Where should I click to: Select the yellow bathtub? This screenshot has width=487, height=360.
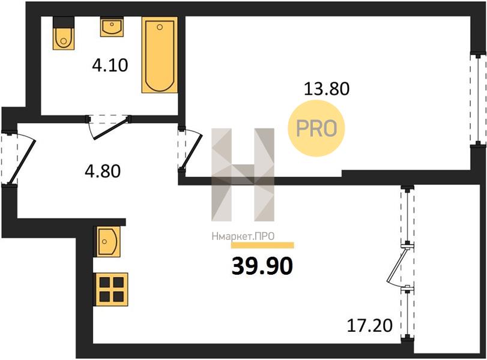click(x=160, y=55)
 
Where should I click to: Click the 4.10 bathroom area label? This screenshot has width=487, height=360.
click(x=110, y=65)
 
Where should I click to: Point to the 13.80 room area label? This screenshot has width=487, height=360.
click(x=327, y=88)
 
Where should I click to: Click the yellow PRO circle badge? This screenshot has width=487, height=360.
click(x=316, y=128)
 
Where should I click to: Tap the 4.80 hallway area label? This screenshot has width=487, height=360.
click(x=103, y=171)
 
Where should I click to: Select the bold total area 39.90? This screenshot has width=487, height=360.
click(x=262, y=266)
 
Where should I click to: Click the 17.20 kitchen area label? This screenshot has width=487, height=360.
click(x=369, y=326)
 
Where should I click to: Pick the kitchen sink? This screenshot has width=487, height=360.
click(x=108, y=241)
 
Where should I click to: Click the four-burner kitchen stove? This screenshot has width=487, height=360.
click(x=112, y=290)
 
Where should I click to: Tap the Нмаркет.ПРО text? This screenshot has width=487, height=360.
click(x=243, y=236)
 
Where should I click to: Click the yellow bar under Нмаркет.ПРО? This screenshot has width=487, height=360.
click(x=262, y=245)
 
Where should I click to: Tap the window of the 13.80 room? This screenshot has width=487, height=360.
click(x=478, y=98)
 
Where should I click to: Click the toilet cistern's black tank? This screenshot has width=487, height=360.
click(x=64, y=22)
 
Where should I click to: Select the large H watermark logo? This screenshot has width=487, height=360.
click(x=243, y=175)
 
